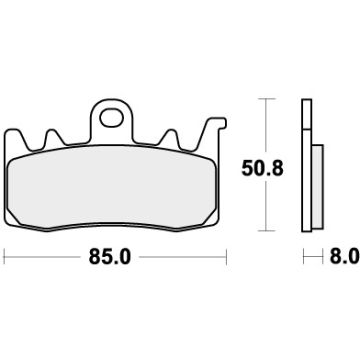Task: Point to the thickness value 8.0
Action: pyautogui.click(x=343, y=257)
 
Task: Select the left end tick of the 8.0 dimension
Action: pyautogui.click(x=303, y=257)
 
